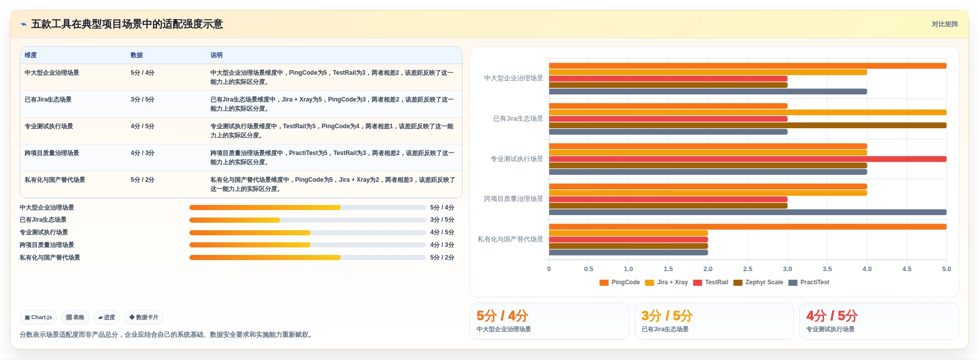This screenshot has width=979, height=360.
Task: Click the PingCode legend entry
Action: pyautogui.click(x=620, y=282)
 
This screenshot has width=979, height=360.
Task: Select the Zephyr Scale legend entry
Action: pyautogui.click(x=758, y=282)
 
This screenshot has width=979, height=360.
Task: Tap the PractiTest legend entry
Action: pyautogui.click(x=809, y=282)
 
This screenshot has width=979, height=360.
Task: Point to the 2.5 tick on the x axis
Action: pyautogui.click(x=748, y=269)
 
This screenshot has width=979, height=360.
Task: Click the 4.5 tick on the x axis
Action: pyautogui.click(x=907, y=269)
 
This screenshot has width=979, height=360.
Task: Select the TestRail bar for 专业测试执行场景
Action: pyautogui.click(x=748, y=159)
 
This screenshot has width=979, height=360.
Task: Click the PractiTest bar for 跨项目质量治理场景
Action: pyautogui.click(x=748, y=212)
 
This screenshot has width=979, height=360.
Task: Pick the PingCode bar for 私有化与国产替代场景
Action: pyautogui.click(x=748, y=227)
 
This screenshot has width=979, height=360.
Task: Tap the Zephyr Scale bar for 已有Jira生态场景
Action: pyautogui.click(x=748, y=125)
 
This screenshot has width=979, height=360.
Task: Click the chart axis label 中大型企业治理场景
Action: pyautogui.click(x=513, y=78)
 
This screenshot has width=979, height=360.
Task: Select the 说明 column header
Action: pyautogui.click(x=216, y=55)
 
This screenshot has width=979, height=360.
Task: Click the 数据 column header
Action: pyautogui.click(x=136, y=55)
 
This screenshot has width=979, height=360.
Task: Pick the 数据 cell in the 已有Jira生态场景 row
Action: pyautogui.click(x=142, y=99)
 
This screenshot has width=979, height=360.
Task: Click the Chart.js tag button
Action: pyautogui.click(x=38, y=318)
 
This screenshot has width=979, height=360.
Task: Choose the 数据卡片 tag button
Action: pyautogui.click(x=144, y=318)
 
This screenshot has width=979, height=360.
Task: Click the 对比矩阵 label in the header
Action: pyautogui.click(x=945, y=24)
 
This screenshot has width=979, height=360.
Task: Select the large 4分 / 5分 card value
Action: pyautogui.click(x=832, y=316)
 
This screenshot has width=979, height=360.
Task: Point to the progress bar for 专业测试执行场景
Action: pyautogui.click(x=307, y=233)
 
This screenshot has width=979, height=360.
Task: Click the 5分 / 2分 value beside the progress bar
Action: pyautogui.click(x=442, y=258)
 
